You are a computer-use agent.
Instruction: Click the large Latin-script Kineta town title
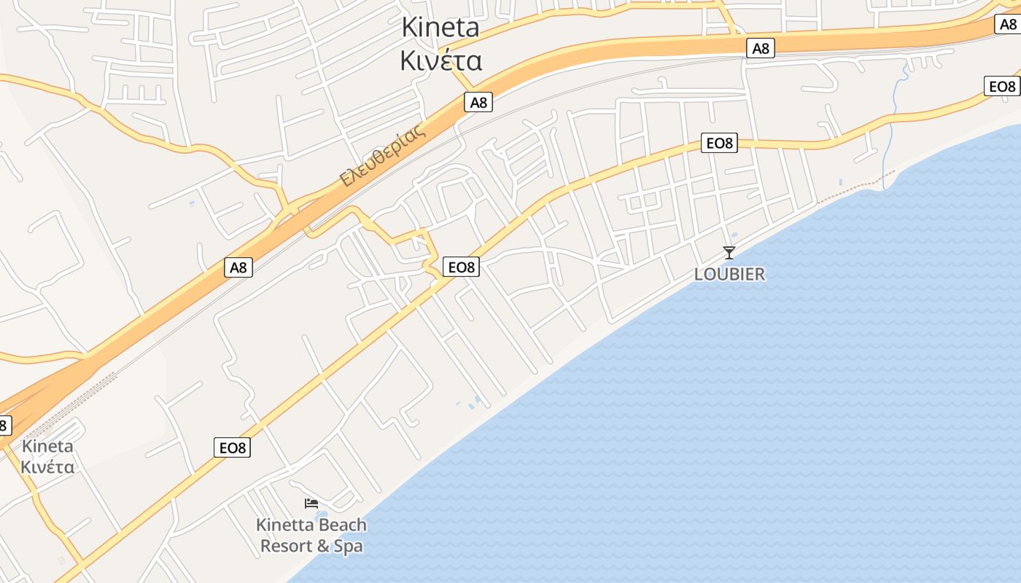click(x=440, y=28)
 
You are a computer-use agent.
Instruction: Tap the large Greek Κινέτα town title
click(x=440, y=60)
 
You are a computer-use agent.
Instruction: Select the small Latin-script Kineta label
click(x=47, y=446)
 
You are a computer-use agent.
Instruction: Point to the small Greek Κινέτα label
click(x=47, y=466)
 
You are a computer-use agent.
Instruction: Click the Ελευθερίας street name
click(x=382, y=157)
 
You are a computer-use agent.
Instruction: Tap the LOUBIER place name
click(x=729, y=274)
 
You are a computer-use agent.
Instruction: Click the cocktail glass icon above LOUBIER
click(x=729, y=253)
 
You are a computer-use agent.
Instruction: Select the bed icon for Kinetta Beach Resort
click(x=311, y=503)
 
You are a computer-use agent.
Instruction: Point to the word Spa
click(x=348, y=546)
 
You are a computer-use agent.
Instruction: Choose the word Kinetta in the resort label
click(x=284, y=525)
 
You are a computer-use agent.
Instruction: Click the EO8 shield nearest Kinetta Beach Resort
click(x=233, y=447)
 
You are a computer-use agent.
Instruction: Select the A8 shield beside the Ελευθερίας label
click(x=478, y=102)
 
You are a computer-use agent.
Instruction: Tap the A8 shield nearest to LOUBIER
click(x=761, y=49)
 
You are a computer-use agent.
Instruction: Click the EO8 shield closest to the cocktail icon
click(x=719, y=143)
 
